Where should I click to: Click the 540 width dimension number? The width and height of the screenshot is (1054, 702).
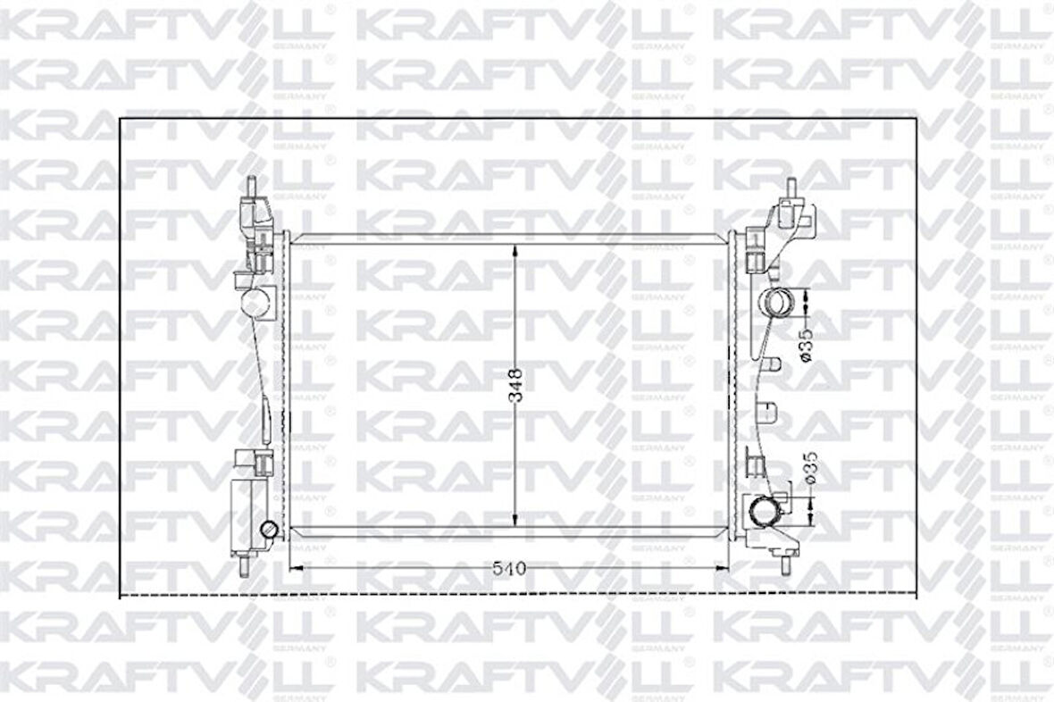509,567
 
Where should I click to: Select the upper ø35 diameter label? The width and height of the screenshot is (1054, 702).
806,345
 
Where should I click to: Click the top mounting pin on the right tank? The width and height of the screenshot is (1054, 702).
790,188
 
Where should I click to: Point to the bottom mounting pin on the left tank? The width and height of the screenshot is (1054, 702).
243,564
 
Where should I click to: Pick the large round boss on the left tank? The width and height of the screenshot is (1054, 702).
254,301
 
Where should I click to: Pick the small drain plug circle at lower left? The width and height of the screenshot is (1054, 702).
268,531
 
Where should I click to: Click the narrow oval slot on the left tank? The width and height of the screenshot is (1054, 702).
266,420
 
